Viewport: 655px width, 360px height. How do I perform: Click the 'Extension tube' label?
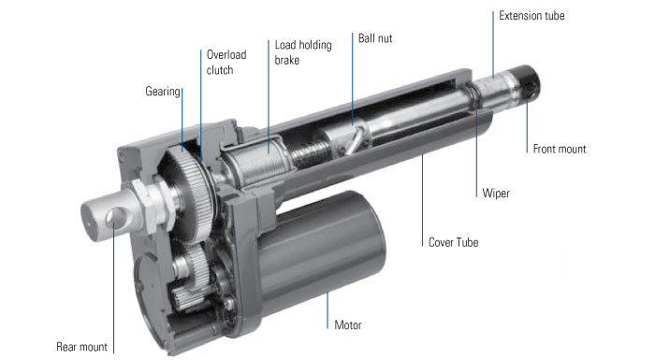click(x=531, y=16)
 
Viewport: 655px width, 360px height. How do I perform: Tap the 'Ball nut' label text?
click(x=375, y=38)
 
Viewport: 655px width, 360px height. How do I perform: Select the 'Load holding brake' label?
click(x=303, y=52)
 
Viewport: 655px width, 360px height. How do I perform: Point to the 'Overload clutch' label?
click(x=226, y=63)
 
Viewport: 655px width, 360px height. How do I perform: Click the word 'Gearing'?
click(x=163, y=92)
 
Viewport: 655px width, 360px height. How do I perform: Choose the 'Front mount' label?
click(x=560, y=149)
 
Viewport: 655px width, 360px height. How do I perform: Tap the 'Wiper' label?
click(x=496, y=193)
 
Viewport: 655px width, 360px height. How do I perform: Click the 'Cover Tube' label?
click(x=453, y=242)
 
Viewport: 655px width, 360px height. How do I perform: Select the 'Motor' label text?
click(x=347, y=324)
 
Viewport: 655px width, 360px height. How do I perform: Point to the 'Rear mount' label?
click(x=82, y=347)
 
